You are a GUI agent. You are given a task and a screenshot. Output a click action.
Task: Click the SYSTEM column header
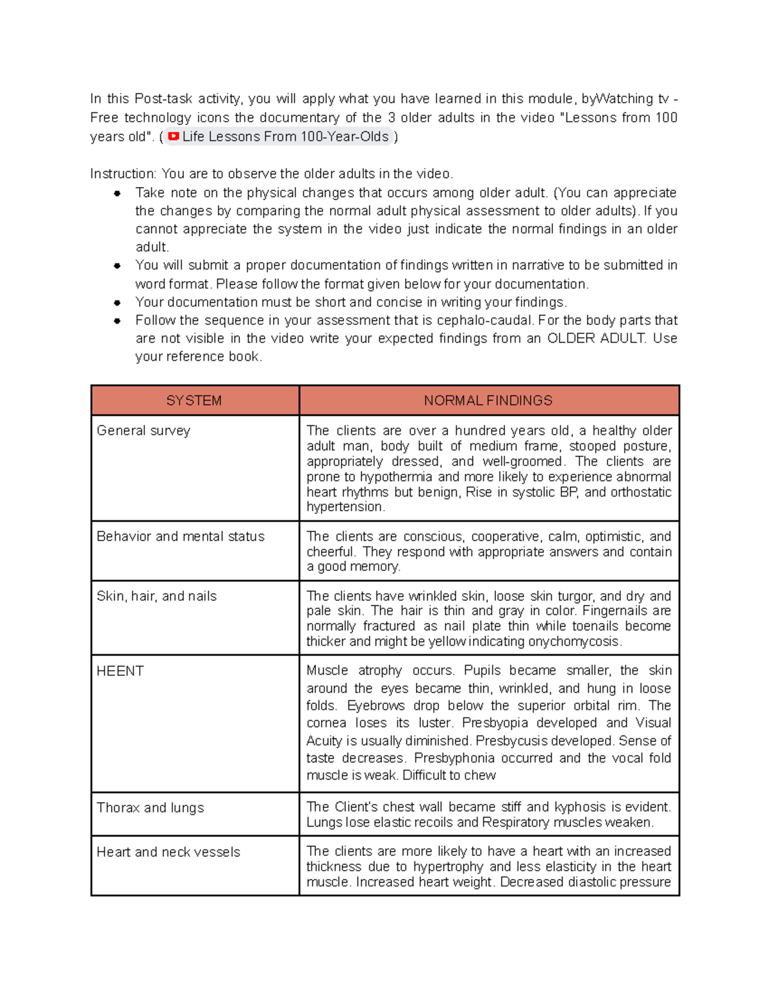(x=194, y=400)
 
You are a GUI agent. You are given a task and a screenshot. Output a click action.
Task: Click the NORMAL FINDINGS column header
(x=488, y=400)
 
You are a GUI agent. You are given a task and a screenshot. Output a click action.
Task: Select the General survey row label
(x=144, y=431)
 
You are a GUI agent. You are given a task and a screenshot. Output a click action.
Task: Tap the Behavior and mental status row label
(x=180, y=536)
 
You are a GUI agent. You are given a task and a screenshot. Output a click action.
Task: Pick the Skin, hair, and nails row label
(x=156, y=596)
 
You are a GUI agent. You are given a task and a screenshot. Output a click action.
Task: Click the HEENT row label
(x=120, y=671)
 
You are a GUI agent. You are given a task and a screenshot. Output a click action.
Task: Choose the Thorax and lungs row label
(x=150, y=807)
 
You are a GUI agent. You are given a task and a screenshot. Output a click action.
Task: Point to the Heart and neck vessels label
(x=168, y=851)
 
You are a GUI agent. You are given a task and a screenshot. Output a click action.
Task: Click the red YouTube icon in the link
(x=173, y=136)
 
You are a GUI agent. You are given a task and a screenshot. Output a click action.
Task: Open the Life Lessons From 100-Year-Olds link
(x=285, y=136)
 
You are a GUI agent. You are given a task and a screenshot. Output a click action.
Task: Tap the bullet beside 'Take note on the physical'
(x=117, y=193)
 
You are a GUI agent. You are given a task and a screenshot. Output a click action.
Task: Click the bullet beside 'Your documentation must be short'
(x=117, y=302)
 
